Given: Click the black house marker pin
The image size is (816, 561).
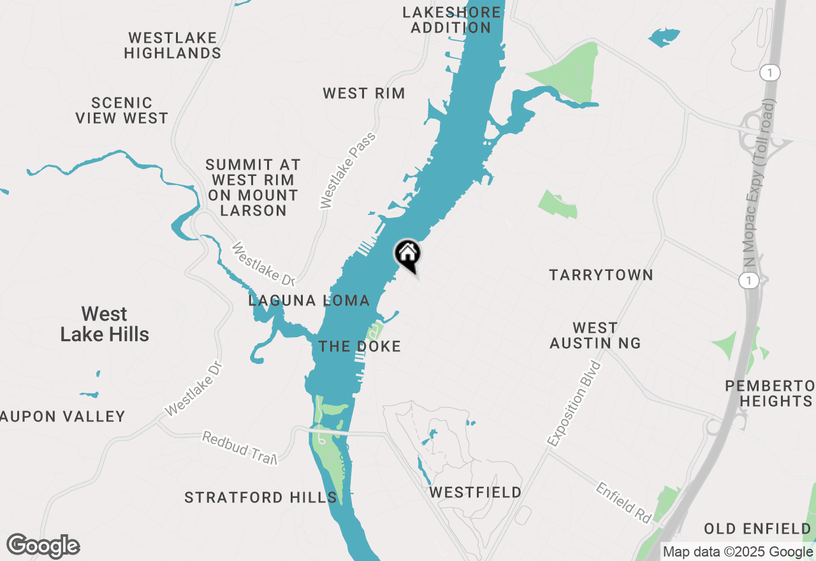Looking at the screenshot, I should [408, 254].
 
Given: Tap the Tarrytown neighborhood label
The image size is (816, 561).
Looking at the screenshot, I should [601, 275].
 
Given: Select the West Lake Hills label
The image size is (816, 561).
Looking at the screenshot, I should [105, 324].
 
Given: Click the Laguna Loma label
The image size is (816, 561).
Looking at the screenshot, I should [309, 300].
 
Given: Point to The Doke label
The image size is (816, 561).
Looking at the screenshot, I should [360, 346].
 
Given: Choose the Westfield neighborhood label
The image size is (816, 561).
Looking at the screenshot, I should [475, 492].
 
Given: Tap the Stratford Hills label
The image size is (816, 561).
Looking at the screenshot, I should [260, 497].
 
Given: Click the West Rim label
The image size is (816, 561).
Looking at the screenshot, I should [363, 93].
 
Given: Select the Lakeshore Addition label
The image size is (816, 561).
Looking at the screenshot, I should [451, 20].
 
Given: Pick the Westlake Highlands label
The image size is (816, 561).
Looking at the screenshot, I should [173, 45].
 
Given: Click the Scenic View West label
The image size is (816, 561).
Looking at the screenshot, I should [122, 110].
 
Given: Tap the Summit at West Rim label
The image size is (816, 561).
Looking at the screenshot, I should [253, 187].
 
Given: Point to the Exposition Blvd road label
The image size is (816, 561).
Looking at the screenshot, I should [574, 403].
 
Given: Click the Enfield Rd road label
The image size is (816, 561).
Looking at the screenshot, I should [624, 501].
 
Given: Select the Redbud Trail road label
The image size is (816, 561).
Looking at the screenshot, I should [240, 448].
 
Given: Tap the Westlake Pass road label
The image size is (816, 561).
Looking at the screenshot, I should [348, 170].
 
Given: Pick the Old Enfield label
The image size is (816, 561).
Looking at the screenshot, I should [757, 528].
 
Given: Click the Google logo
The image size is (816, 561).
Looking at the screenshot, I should [43, 546].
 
